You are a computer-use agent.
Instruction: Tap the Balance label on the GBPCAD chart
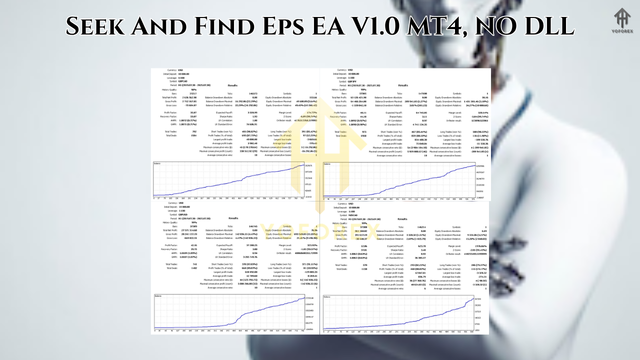click(158, 164)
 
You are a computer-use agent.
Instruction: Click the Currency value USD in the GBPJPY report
click(351, 70)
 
